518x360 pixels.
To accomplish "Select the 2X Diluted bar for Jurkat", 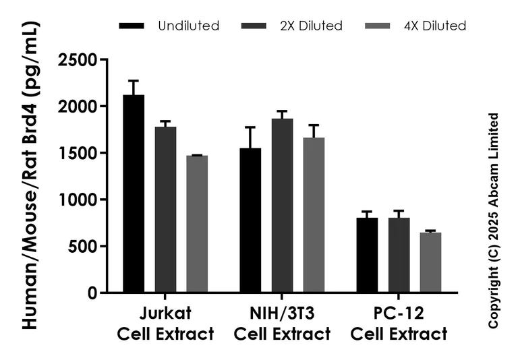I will click(x=165, y=210).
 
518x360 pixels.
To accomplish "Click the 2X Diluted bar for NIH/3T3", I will click(x=282, y=206).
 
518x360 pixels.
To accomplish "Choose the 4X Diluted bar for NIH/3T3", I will click(x=314, y=215).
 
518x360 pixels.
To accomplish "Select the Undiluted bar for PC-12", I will click(x=367, y=256).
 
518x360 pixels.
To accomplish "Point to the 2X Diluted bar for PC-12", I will click(x=399, y=256).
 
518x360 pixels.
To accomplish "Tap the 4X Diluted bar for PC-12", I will click(x=430, y=263).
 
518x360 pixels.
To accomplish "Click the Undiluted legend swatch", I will click(x=132, y=26).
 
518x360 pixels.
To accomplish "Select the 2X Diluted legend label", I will click(x=311, y=26).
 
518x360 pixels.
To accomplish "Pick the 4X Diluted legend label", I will click(x=435, y=26).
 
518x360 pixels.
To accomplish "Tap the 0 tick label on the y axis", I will click(x=91, y=293).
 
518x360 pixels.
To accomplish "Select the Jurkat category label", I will click(x=165, y=324).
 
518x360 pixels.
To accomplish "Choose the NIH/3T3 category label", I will click(x=282, y=324).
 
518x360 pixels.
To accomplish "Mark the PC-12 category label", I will click(x=399, y=324).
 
